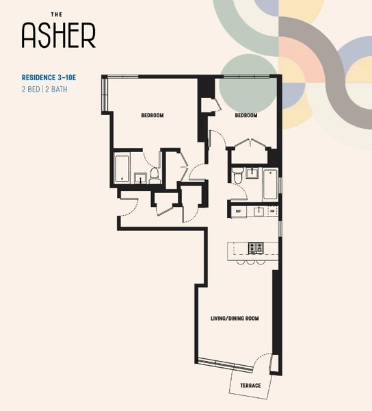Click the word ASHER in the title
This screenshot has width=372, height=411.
point(58,35)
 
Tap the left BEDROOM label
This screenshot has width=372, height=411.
point(152,115)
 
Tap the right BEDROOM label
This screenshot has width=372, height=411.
point(245,116)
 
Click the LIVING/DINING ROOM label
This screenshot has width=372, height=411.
point(234,319)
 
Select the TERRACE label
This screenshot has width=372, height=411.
point(250,386)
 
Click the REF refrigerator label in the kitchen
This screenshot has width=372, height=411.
point(239,211)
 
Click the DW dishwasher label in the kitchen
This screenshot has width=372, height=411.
point(271,211)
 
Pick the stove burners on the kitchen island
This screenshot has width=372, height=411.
point(256,247)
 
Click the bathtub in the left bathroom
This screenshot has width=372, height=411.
point(124,169)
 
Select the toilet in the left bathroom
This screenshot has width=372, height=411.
point(155,176)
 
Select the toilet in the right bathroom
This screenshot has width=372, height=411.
point(237,177)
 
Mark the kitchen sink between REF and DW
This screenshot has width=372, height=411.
point(258,211)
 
